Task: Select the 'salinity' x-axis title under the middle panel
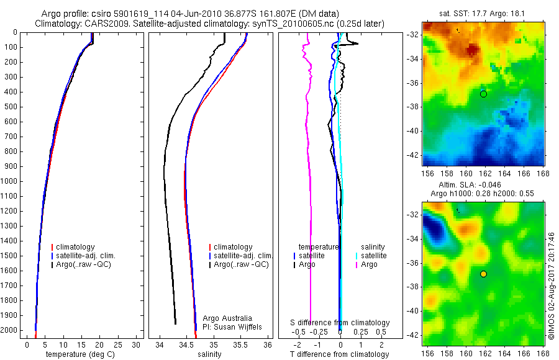click(209, 354)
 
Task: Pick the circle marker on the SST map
click(483, 94)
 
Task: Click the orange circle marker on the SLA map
click(483, 274)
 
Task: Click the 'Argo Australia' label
click(228, 318)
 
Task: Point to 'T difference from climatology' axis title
click(340, 354)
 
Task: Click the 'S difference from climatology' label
click(340, 323)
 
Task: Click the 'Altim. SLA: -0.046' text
click(463, 186)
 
